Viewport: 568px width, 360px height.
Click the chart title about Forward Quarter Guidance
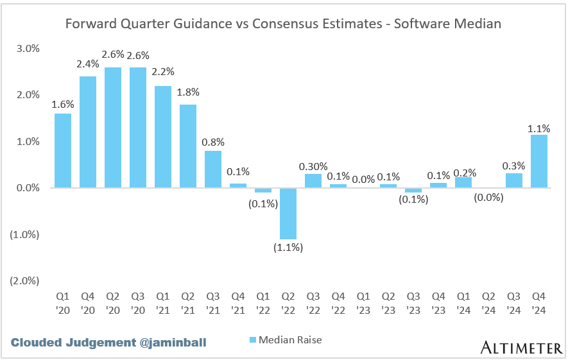[x=283, y=24]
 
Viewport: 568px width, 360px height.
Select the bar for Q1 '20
[x=63, y=150]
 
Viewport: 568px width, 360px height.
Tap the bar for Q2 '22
[x=288, y=213]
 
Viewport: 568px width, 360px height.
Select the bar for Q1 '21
[x=163, y=136]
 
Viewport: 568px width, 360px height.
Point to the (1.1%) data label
[x=288, y=248]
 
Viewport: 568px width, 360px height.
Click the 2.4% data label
[x=88, y=64]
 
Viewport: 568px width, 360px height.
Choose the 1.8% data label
[x=188, y=91]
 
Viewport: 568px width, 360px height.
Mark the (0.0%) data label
[x=489, y=197]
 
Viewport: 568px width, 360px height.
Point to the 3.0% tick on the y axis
[x=28, y=49]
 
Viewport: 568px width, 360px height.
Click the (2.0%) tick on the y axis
[x=26, y=280]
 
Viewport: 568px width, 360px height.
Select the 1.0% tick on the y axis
[x=28, y=141]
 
